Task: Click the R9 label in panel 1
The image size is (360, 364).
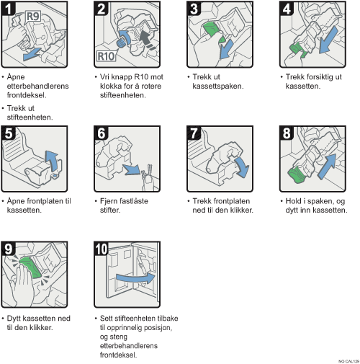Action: coord(33,17)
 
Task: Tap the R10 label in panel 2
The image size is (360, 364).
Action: coord(106,56)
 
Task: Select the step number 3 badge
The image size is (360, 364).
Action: coord(194,9)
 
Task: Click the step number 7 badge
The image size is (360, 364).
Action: coord(194,133)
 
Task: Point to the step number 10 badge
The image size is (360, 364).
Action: coord(102,249)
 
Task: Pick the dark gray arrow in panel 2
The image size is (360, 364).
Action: coord(147,40)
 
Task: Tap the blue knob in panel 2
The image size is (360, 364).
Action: coord(120,43)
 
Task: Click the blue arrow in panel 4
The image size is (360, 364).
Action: coord(329,40)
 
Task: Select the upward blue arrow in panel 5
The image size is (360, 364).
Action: coord(52,161)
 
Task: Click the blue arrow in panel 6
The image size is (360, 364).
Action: coord(131,169)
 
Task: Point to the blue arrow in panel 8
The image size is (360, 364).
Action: coord(328,167)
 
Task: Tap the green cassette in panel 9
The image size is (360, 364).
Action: coord(31,267)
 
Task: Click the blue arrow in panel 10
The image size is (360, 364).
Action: coord(135,278)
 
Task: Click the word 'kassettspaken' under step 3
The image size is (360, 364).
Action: coord(218,86)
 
